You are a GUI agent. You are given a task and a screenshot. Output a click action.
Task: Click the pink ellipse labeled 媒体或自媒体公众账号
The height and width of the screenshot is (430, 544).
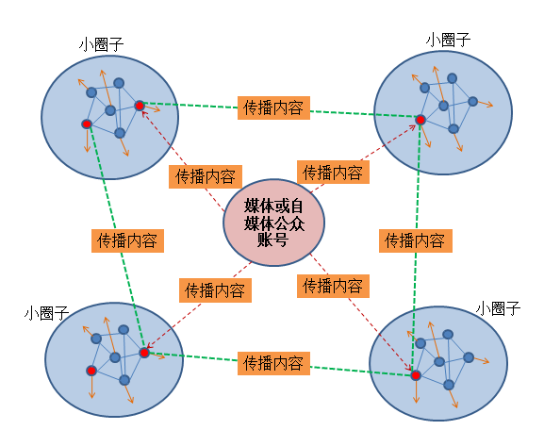(273, 222)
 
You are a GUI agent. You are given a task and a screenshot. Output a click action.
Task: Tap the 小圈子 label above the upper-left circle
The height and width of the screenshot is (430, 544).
(101, 43)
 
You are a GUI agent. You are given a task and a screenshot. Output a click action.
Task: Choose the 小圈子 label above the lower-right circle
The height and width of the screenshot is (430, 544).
(498, 307)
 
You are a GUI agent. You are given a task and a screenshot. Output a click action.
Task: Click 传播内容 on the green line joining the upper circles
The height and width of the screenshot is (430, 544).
(272, 107)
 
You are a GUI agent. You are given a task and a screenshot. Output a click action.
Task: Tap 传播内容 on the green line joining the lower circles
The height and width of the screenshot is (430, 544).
(272, 362)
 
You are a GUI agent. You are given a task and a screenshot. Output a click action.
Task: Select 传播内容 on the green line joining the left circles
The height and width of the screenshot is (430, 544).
(127, 240)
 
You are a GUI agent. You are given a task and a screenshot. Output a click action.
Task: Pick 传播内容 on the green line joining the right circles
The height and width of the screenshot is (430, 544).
(414, 240)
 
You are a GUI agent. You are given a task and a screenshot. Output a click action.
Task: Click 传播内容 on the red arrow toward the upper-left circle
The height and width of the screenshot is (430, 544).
(205, 176)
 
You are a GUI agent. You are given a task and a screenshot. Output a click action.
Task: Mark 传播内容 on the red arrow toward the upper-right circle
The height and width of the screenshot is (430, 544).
(333, 173)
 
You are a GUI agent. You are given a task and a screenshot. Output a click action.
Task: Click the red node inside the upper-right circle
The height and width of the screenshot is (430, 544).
(420, 120)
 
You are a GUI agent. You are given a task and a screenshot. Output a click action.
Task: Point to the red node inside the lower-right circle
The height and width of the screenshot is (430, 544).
(416, 375)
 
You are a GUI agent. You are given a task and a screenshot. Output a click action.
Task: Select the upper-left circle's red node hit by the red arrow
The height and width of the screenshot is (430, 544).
(140, 105)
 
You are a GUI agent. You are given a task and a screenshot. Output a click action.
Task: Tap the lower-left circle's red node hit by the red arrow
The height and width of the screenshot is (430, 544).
(144, 353)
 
